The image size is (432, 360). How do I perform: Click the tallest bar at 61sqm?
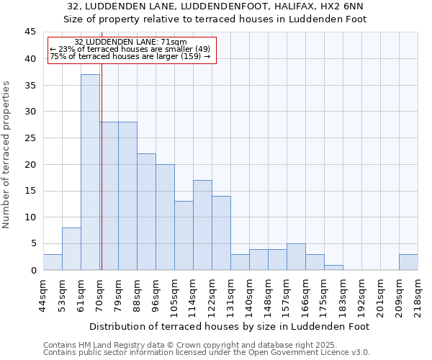90,172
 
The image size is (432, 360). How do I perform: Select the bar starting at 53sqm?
71,249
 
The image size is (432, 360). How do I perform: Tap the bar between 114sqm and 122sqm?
202,225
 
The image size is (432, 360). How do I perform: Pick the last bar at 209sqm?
408,262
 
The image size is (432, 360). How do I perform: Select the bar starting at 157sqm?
296,257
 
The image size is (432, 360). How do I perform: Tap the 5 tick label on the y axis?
33,243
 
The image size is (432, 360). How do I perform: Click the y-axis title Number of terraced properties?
7,155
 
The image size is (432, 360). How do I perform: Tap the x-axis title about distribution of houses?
230,326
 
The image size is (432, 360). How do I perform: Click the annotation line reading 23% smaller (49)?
130,49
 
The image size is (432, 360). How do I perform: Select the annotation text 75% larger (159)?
130,56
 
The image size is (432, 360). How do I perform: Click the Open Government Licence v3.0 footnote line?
206,353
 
